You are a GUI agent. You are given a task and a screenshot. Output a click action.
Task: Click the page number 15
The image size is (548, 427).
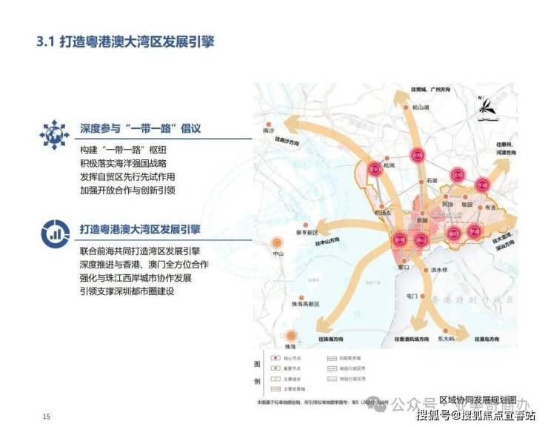pyautogui.click(x=47, y=414)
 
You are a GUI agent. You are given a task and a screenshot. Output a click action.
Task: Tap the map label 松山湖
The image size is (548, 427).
pyautogui.click(x=421, y=108)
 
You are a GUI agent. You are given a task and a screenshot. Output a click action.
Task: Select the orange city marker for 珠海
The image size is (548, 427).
pyautogui.click(x=292, y=335)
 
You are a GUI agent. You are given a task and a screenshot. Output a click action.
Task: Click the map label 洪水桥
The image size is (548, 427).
pyautogui.click(x=439, y=271)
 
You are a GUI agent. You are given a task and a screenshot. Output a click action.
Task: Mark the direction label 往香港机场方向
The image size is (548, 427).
pyautogui.click(x=407, y=338)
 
